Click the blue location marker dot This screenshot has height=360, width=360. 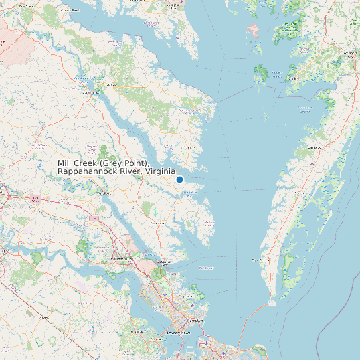tap(179, 179)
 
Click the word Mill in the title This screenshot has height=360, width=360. tap(64, 163)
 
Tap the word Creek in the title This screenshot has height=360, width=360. tap(85, 163)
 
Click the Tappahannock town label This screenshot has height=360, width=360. tap(86, 92)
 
